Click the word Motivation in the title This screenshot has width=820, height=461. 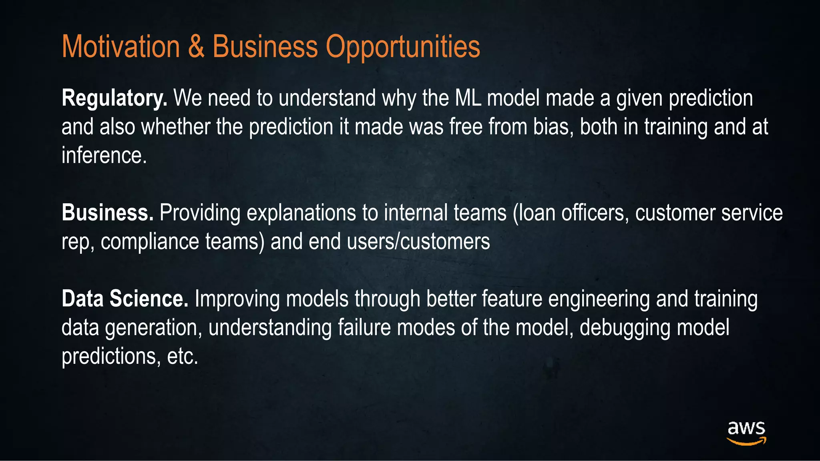click(x=121, y=47)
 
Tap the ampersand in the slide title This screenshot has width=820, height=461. click(x=196, y=47)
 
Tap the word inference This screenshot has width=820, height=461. click(x=104, y=155)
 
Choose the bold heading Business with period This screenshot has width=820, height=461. click(x=107, y=212)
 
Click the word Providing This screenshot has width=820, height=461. click(x=200, y=213)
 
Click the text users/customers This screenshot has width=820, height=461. click(x=418, y=242)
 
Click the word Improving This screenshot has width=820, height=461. click(x=237, y=299)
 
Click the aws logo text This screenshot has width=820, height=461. click(x=746, y=428)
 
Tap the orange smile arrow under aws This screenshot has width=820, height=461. click(x=746, y=441)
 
